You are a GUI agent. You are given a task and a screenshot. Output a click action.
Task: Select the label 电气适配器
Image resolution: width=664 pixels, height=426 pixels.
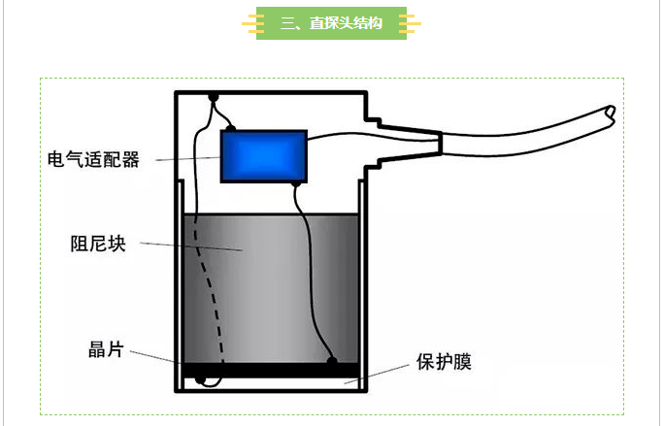[x=94, y=159]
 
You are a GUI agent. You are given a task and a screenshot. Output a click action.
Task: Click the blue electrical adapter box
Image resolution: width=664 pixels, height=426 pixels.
[x=264, y=156]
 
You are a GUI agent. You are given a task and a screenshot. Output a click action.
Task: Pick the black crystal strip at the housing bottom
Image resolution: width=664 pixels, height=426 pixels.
[x=272, y=371]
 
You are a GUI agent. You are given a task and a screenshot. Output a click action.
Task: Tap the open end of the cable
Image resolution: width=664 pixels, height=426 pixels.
[x=610, y=114]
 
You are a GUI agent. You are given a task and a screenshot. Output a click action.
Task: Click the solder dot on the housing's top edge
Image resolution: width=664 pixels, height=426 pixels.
[x=213, y=96]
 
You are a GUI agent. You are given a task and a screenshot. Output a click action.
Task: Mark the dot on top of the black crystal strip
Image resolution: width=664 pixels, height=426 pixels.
[x=332, y=362]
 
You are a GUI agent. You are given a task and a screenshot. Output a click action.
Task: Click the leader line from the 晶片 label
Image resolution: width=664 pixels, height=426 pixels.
[x=155, y=358]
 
